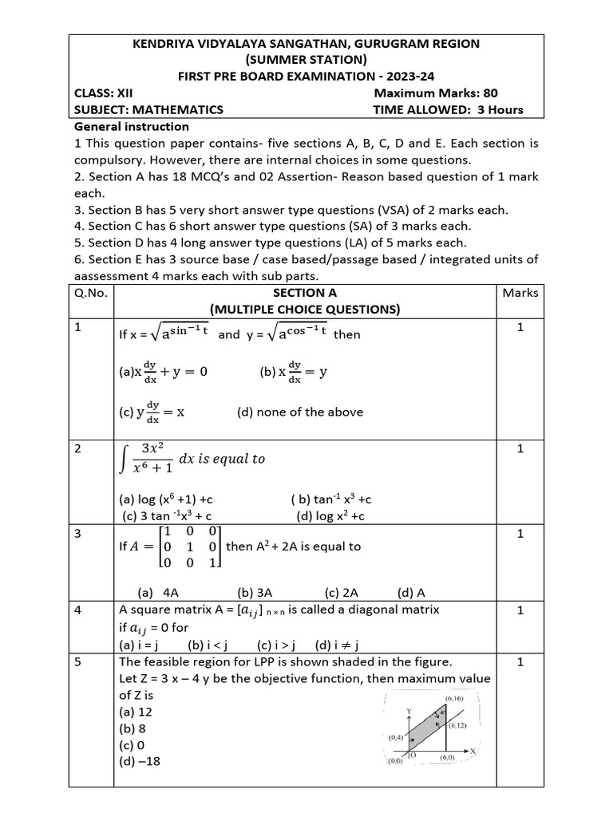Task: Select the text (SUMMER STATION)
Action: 306,60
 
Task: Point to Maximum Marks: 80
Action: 436,93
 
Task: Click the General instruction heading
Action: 132,127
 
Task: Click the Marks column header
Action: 520,293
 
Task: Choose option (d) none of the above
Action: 300,412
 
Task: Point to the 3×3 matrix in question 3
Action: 189,547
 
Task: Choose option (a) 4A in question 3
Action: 158,593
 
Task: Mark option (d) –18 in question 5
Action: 139,761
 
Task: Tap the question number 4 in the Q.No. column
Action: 78,610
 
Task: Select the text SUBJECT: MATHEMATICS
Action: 148,110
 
